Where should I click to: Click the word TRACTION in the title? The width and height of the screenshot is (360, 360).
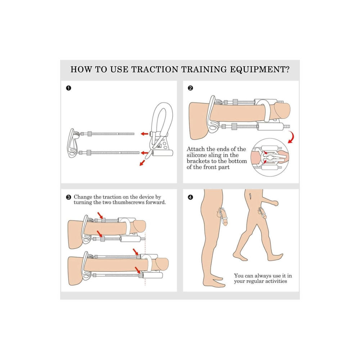tap(155, 69)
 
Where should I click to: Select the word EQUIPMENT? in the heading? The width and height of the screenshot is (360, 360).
tap(260, 69)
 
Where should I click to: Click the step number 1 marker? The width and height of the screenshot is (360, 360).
tap(68, 88)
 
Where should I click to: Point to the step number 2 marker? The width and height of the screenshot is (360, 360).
tap(190, 88)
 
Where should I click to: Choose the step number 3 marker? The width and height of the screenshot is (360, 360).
tap(68, 197)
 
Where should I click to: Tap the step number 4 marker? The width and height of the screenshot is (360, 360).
tap(190, 197)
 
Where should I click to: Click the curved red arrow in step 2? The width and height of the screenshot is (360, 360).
tap(292, 137)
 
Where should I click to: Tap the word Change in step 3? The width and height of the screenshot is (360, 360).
tap(83, 197)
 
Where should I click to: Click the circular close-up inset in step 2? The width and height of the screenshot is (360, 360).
tap(270, 157)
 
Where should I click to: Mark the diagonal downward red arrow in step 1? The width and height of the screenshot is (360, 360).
tap(142, 163)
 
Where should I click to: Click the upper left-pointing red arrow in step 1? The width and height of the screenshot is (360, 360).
tap(144, 134)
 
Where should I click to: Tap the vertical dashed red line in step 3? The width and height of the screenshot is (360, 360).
tap(145, 262)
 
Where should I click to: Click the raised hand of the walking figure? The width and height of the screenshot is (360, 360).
tap(275, 203)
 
